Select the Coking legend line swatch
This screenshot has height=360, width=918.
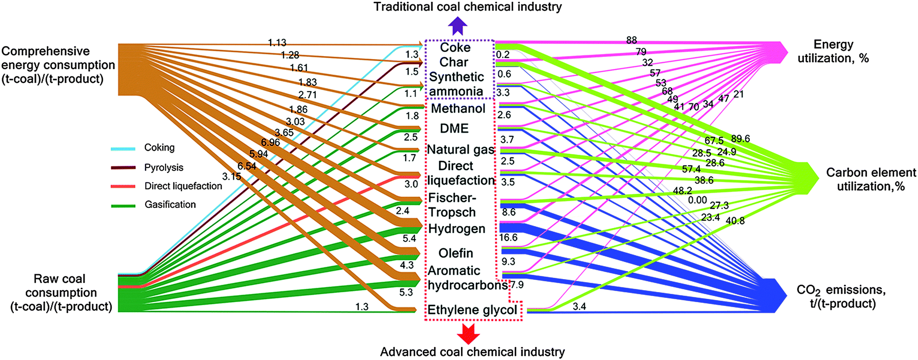coord(123,149)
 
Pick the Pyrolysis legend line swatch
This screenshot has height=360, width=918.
coord(123,168)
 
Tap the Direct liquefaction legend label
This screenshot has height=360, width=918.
coord(183,186)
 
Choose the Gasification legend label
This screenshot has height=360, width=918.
coord(170,205)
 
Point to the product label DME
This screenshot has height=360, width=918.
coord(454,128)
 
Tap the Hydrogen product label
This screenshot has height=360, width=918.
coord(457,229)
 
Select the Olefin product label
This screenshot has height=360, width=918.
coord(456,253)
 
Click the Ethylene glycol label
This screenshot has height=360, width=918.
coord(473,310)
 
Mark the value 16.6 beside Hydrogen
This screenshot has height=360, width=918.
coord(508,238)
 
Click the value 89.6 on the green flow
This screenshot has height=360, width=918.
coord(740,139)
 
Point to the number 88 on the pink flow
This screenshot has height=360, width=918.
coord(632,40)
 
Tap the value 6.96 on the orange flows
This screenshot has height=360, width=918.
coord(270,143)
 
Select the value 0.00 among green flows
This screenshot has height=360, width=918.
coord(697,200)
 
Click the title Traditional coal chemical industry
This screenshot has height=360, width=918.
coord(468,7)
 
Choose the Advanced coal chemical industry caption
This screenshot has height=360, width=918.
coord(472,352)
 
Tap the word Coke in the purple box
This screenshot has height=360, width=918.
coord(455,47)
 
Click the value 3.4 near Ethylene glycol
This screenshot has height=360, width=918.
coord(579,306)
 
